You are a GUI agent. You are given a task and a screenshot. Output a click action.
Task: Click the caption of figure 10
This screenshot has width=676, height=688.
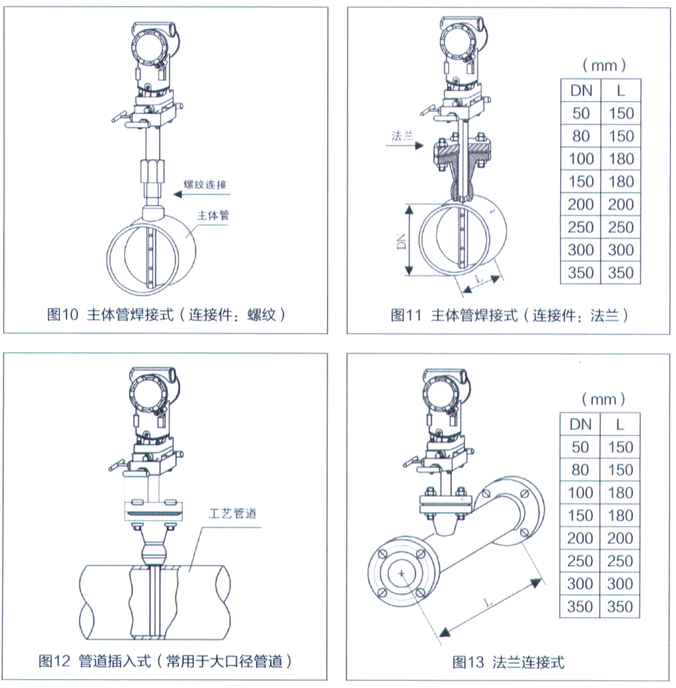click(x=167, y=315)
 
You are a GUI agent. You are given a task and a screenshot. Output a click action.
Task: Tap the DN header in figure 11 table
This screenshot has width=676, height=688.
click(x=581, y=90)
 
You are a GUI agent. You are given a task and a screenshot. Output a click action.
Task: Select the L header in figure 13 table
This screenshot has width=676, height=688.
click(x=620, y=424)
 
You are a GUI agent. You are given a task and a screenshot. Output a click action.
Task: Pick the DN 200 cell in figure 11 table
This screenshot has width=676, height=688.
click(x=581, y=204)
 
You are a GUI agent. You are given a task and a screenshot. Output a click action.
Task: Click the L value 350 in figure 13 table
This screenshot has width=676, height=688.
click(x=620, y=606)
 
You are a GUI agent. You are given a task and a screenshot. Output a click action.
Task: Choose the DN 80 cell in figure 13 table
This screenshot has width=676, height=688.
click(x=581, y=470)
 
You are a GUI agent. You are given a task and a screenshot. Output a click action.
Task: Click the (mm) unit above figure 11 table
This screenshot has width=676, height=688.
click(x=603, y=65)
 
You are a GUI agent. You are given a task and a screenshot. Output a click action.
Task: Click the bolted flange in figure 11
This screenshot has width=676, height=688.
click(x=461, y=153)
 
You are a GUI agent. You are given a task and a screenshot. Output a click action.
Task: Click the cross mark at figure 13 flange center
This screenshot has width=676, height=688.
click(x=402, y=573)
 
